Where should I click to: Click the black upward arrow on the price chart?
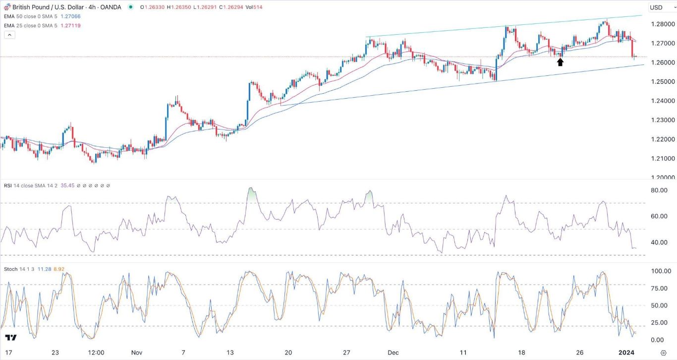[x=560, y=62]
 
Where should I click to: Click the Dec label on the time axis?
[x=393, y=353]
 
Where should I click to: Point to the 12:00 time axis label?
[x=96, y=353]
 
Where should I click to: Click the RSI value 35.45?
[x=65, y=185]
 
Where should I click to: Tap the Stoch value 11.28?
[x=46, y=269]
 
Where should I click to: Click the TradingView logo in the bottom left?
[x=11, y=338]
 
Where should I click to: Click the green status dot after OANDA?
[x=130, y=7]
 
